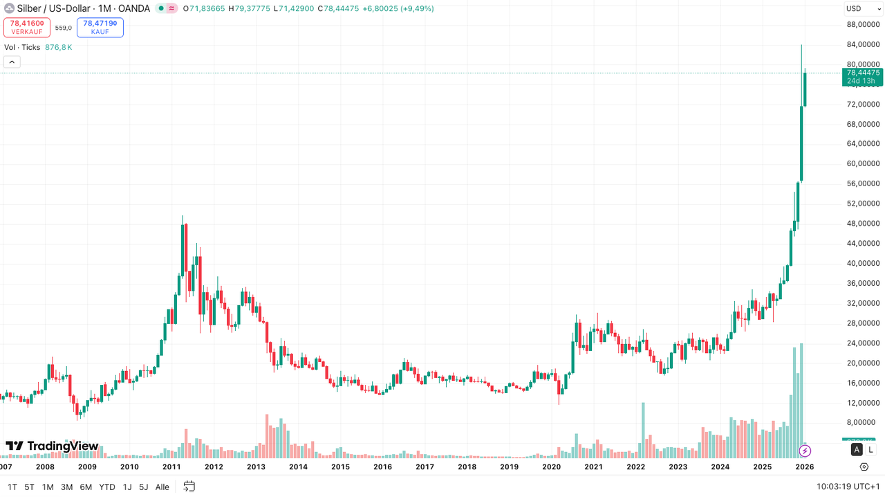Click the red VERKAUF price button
tap(27, 27)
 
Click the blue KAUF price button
tap(100, 27)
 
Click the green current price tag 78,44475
tap(863, 73)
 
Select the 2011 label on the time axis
tap(171, 467)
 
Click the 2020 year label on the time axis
tap(551, 467)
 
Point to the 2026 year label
tap(803, 467)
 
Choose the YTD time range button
tap(107, 487)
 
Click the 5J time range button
tap(144, 487)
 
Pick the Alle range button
tap(162, 487)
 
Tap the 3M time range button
tap(66, 487)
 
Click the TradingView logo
tap(53, 446)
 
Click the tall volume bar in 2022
tap(643, 429)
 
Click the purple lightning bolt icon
tap(805, 451)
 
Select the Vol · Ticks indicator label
tap(22, 47)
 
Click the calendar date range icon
tap(189, 487)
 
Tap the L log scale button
tap(870, 450)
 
